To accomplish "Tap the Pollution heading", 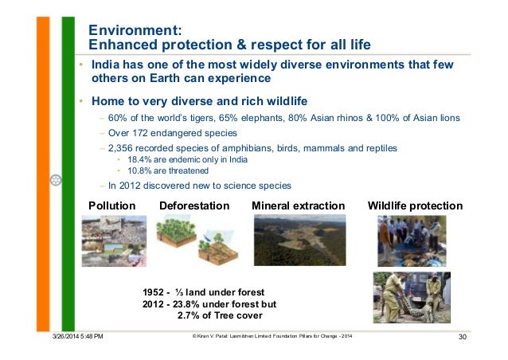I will pyautogui.click(x=111, y=205).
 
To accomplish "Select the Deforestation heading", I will pyautogui.click(x=194, y=205).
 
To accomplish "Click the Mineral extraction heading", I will pyautogui.click(x=298, y=205).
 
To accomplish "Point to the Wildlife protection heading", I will pyautogui.click(x=415, y=205).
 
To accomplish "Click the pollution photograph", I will pyautogui.click(x=112, y=242).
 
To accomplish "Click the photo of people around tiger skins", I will pyautogui.click(x=411, y=240).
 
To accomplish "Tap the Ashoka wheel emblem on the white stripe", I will pyautogui.click(x=55, y=180).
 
